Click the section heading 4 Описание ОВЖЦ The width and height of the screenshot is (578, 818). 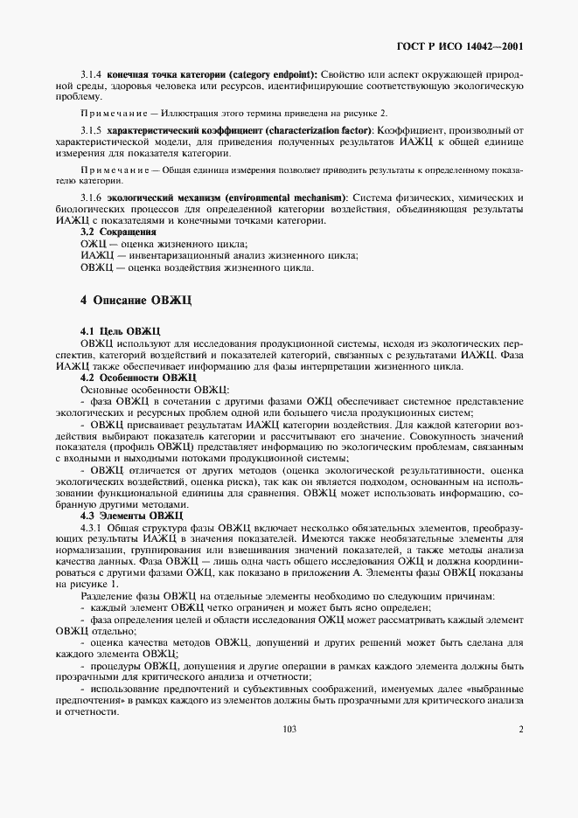click(x=135, y=299)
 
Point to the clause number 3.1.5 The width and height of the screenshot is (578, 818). click(x=91, y=130)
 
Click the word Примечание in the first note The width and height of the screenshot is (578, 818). click(x=116, y=114)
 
